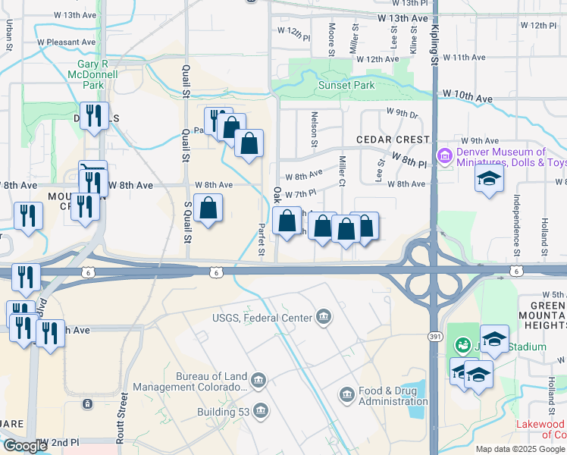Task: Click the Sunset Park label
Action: pos(346,86)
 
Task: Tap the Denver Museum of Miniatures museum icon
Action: pos(444,157)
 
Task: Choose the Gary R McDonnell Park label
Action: pos(93,75)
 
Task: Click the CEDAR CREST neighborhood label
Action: pos(392,140)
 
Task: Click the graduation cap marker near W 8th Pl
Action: pos(490,179)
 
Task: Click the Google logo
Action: pos(24,446)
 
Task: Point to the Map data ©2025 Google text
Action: pos(519,449)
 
